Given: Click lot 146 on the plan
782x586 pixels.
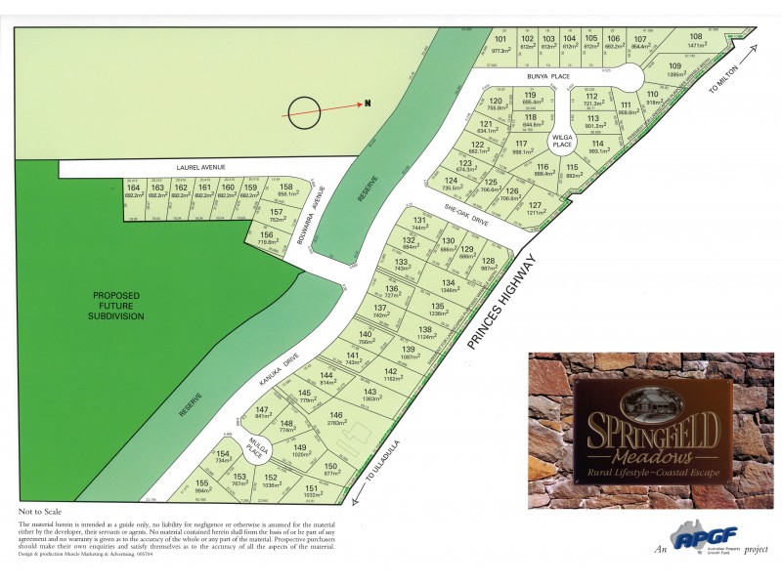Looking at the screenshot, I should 335,420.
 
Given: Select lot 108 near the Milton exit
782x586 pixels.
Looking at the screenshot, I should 696,39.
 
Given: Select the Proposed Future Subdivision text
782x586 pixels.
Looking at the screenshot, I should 117,305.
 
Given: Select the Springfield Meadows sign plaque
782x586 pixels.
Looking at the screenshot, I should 652,431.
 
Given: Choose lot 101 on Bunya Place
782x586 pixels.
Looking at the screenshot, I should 500,44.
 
